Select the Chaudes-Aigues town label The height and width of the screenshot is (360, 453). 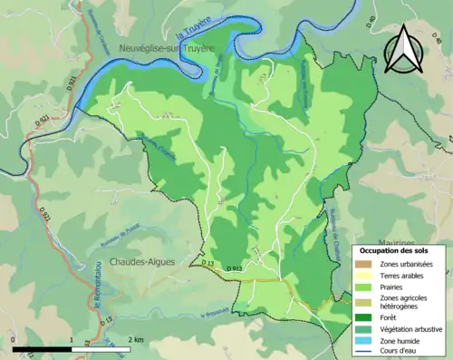click(x=141, y=261)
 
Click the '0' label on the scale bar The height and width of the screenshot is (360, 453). click(x=14, y=339)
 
